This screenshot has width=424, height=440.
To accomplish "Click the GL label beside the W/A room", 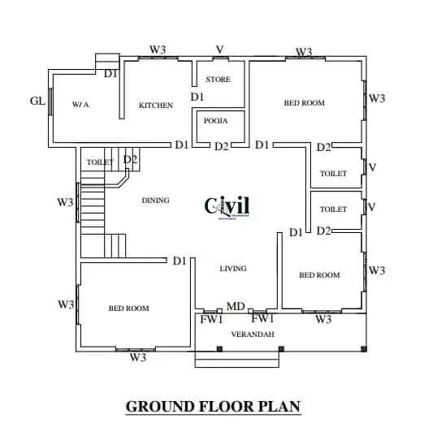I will tap(37, 101).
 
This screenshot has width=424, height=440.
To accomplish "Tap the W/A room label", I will tap(80, 105).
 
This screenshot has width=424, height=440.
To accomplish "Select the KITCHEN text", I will tap(155, 106).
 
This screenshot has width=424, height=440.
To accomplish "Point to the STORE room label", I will tap(218, 80).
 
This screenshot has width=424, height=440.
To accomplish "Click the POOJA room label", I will tap(215, 120).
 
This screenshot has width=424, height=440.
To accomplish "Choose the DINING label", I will tap(155, 200).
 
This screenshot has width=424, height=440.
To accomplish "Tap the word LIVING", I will tap(233, 268).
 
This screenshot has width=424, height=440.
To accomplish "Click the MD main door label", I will tap(236, 306).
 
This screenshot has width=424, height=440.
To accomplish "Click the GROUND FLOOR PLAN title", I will tap(213, 406).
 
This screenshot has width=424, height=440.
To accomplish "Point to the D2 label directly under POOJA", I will tap(222, 146).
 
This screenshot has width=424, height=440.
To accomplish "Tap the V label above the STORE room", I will tap(218, 50).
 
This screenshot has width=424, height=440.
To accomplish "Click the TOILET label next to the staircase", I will tap(100, 162).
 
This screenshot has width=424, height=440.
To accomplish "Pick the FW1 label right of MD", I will tap(262, 319).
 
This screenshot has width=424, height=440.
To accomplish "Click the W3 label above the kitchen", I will tap(158, 50).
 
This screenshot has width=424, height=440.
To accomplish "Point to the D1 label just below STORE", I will tap(197, 97).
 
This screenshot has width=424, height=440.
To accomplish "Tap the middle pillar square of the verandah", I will tap(280, 349).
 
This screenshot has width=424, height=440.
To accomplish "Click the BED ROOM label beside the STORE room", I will tap(305, 103).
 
